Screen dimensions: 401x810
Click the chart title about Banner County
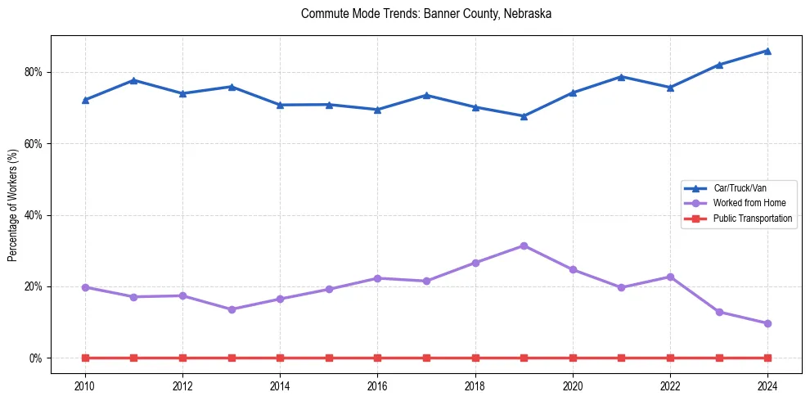coord(426,14)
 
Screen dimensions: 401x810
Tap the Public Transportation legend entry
coord(752,219)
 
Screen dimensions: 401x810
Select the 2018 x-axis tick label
coord(475,385)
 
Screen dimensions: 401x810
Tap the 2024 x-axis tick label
coord(767,385)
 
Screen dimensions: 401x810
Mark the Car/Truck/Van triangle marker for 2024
coord(767,51)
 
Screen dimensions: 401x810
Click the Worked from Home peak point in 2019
coord(524,246)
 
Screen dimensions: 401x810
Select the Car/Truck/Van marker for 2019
coord(524,116)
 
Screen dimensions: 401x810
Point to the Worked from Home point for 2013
coord(232,309)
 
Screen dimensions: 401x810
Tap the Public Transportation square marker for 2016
coord(377,358)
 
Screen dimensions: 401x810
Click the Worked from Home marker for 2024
coord(767,323)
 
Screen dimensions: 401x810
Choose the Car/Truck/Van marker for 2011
coord(133,80)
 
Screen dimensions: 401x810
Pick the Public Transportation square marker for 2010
coord(85,358)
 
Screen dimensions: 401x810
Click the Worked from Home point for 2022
coord(670,277)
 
